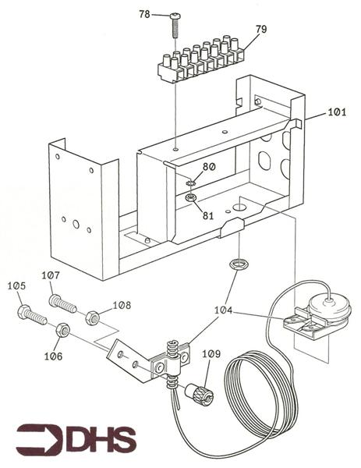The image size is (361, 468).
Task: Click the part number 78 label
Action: tap(144, 14)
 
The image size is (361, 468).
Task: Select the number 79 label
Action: tap(261, 30)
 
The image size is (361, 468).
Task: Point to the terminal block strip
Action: tap(201, 60)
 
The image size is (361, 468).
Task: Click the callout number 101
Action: tap(337, 112)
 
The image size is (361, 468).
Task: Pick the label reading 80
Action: tap(209, 167)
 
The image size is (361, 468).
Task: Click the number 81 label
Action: tap(208, 215)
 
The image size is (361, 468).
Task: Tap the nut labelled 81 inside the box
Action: tap(190, 197)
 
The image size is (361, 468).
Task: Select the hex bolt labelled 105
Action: tap(32, 315)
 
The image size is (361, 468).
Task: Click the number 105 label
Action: tap(16, 286)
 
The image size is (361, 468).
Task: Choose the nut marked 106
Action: tap(62, 329)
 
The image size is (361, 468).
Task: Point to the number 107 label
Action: tap(51, 275)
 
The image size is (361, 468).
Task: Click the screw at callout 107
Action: tap(62, 303)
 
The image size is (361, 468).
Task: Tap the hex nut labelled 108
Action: tap(93, 318)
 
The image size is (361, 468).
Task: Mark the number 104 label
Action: tap(224, 310)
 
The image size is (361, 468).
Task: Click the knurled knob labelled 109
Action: tap(200, 395)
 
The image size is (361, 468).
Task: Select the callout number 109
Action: tap(211, 354)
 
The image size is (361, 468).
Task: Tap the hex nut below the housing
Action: tap(238, 264)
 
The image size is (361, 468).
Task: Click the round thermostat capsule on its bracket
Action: tap(329, 307)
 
